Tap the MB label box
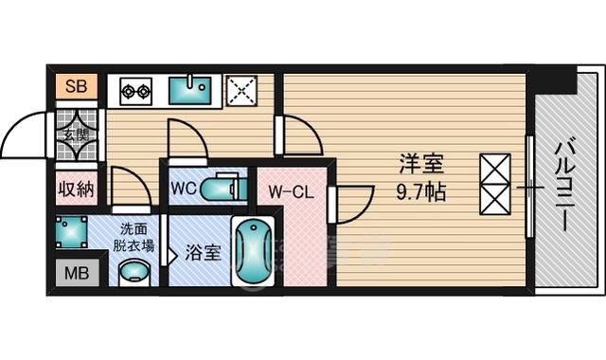click(x=72, y=276)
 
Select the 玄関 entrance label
click(x=75, y=134)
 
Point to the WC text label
click(x=183, y=187)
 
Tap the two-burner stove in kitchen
click(x=137, y=92)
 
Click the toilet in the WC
click(x=223, y=188)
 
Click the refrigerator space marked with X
click(x=243, y=92)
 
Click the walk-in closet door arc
click(x=348, y=201)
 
